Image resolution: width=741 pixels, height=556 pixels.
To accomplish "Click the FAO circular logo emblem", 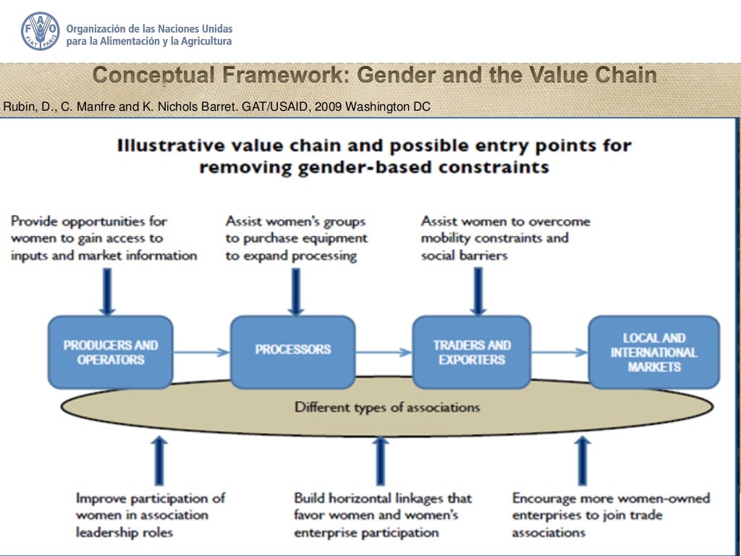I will pos(41,31).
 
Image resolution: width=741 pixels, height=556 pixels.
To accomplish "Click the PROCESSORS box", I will pos(292,351).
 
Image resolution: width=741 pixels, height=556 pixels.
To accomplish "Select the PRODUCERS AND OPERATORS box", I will pos(111,352).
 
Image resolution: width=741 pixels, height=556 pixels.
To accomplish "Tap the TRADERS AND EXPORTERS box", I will pos(473,352).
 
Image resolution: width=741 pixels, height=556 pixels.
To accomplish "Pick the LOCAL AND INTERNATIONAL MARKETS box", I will pos(653,352).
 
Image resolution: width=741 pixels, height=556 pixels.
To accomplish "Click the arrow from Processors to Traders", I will pos(383,353).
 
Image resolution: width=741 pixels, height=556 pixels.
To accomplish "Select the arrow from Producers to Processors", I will pos(201,353).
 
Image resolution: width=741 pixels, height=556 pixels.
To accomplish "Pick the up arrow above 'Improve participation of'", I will pos(160,460).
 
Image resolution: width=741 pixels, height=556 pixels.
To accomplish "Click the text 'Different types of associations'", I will pos(386,407).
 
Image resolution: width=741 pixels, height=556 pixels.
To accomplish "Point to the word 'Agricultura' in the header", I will pos(206,41).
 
